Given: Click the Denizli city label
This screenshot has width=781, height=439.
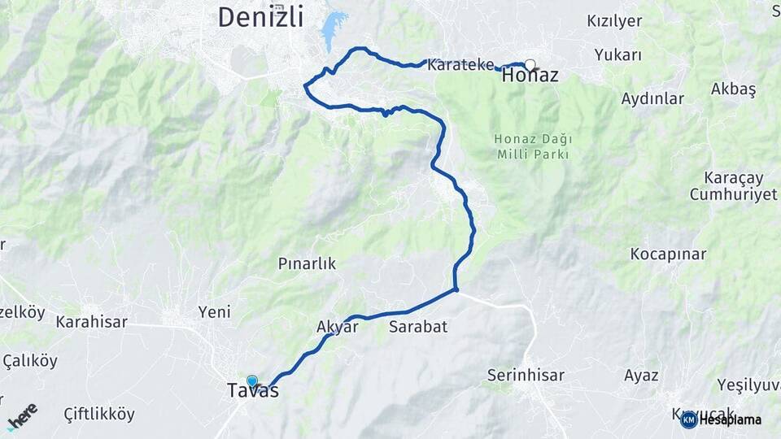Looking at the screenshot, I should click(260, 16).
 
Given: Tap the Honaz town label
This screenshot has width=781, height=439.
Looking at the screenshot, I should click(530, 76).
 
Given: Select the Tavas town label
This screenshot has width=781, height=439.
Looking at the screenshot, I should click(253, 392).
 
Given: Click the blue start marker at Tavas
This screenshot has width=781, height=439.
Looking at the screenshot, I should click(252, 380).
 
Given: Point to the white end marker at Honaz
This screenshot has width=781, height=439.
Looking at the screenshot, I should click(530, 64).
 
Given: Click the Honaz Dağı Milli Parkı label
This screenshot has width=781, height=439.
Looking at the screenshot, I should click(530, 146).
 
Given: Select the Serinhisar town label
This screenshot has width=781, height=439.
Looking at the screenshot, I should click(525, 376).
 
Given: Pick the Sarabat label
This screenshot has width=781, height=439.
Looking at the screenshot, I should click(418, 327).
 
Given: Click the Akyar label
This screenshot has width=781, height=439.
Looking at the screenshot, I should click(338, 327).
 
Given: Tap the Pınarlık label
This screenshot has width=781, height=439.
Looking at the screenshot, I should click(307, 264).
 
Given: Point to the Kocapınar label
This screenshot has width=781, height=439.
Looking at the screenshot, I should click(668, 254).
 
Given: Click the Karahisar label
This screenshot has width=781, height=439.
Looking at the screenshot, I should click(91, 322).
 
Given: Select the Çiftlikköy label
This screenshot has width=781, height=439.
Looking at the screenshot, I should click(99, 414).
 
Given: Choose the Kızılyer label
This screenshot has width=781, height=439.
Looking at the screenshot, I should click(614, 21).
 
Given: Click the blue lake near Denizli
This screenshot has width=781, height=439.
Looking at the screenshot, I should click(332, 31).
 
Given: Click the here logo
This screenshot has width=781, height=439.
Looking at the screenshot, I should click(22, 416).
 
